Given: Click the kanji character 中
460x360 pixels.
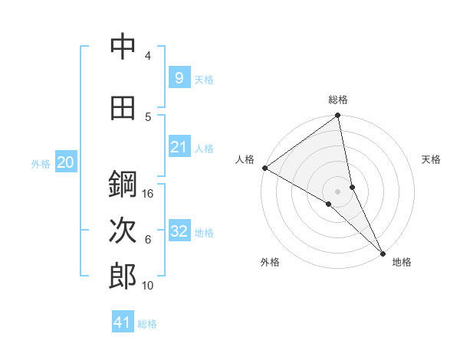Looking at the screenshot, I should pyautogui.click(x=123, y=48).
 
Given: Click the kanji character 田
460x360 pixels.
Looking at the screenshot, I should pyautogui.click(x=123, y=108).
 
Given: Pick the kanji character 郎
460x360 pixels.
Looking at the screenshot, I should pyautogui.click(x=123, y=277).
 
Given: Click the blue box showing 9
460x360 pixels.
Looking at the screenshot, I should pyautogui.click(x=179, y=78).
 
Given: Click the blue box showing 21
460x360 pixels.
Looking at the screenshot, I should pyautogui.click(x=179, y=147).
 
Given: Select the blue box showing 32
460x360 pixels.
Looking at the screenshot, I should pyautogui.click(x=179, y=231).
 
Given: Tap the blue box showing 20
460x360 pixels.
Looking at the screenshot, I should pyautogui.click(x=66, y=162).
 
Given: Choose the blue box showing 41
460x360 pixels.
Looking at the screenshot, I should pyautogui.click(x=123, y=322).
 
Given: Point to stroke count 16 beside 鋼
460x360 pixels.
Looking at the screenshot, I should pyautogui.click(x=149, y=194).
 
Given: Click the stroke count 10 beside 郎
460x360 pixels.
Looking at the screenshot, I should pyautogui.click(x=149, y=285).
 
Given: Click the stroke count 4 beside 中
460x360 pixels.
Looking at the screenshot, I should pyautogui.click(x=148, y=56).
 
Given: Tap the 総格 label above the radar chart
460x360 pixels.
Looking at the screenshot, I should pyautogui.click(x=338, y=100).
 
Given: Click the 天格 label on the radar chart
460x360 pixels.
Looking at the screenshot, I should pyautogui.click(x=432, y=159).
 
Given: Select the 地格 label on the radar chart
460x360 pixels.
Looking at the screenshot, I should pyautogui.click(x=402, y=262).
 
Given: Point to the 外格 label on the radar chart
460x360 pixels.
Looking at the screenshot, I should pyautogui.click(x=270, y=262).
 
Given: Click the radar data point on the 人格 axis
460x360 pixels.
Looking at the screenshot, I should pyautogui.click(x=264, y=168).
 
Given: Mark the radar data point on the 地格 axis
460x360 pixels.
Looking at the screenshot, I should pyautogui.click(x=383, y=252).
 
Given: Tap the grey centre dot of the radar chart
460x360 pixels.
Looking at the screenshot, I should pyautogui.click(x=338, y=191).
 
